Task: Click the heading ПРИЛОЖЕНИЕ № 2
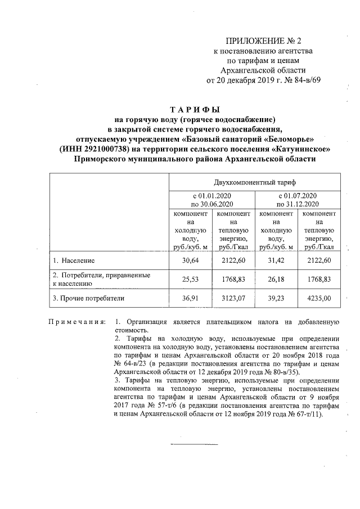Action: point(264,41)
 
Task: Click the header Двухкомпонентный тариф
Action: point(255,183)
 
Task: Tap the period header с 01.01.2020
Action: point(211,195)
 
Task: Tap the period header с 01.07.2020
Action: point(298,195)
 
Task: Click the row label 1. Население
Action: point(74,261)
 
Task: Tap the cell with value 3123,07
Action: point(233,298)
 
